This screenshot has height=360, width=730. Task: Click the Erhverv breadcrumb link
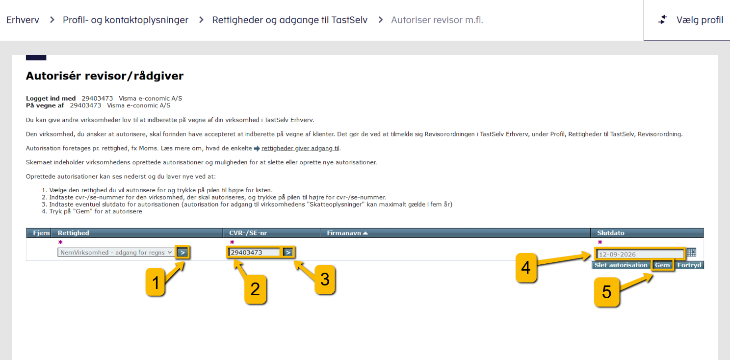(x=23, y=20)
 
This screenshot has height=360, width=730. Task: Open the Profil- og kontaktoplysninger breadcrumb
(x=126, y=20)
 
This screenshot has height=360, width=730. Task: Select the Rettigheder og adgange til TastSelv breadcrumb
(x=289, y=20)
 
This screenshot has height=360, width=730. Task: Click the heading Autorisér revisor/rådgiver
(x=104, y=76)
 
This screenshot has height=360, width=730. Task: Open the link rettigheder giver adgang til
(x=300, y=148)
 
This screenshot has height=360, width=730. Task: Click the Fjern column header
(x=41, y=233)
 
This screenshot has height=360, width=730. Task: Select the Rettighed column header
(x=74, y=233)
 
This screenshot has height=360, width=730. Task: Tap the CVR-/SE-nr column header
(x=247, y=233)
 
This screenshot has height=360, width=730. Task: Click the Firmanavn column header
(x=347, y=233)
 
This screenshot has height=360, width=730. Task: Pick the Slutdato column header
(x=611, y=233)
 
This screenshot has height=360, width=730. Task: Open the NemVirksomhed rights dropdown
(x=116, y=253)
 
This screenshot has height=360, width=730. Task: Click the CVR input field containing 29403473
(x=254, y=253)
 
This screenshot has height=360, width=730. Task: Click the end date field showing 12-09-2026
(x=640, y=254)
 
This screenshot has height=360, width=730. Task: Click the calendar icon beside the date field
(x=692, y=253)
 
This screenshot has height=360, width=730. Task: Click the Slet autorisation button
(x=621, y=265)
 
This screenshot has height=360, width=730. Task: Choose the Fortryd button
(x=689, y=265)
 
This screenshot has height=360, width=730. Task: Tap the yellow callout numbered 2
(x=255, y=289)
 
